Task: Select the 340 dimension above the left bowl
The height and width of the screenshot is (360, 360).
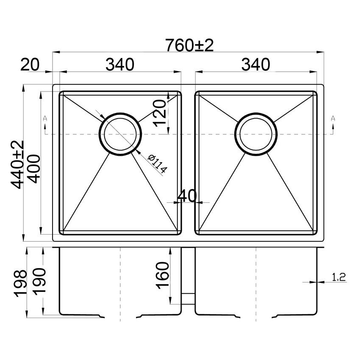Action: click(120, 64)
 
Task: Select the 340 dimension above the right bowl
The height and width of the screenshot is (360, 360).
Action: click(255, 64)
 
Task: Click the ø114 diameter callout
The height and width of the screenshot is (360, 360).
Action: click(158, 164)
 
